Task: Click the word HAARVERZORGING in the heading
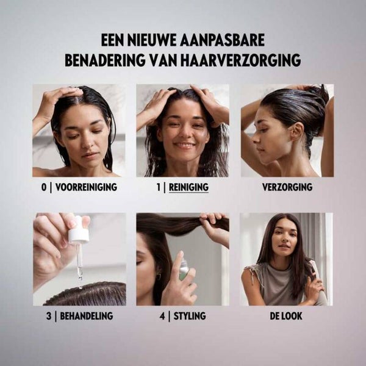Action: [240, 60]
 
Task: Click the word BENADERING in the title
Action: [104, 60]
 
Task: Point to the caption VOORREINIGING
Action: [87, 187]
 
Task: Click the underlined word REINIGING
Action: [188, 187]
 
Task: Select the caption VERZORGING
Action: [287, 187]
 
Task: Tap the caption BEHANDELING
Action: [87, 316]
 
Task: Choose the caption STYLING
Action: [190, 316]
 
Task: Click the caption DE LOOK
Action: [286, 316]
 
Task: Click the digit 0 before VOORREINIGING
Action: [44, 187]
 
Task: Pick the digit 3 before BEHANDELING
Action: [49, 316]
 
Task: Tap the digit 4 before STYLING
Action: [162, 316]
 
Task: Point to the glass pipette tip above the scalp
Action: [80, 278]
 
